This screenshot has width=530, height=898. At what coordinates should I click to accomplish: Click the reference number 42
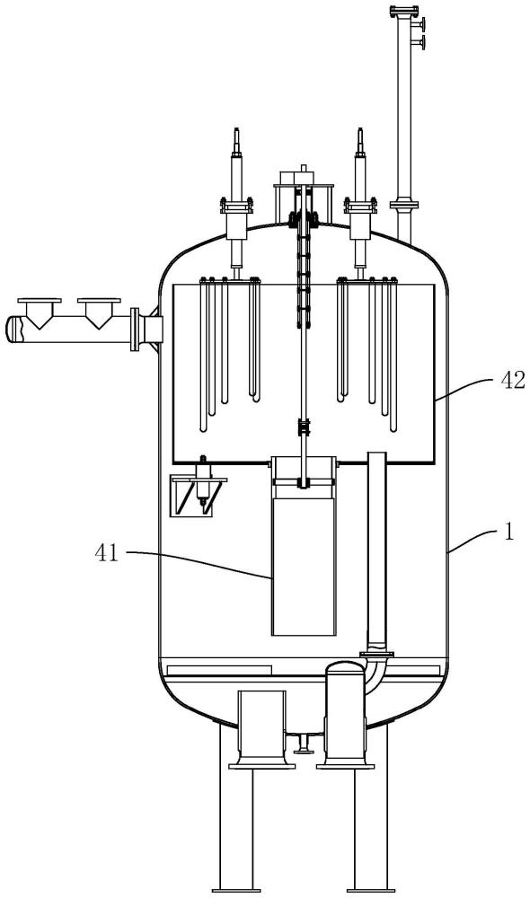coord(512,380)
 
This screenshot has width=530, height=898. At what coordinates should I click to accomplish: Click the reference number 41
coord(106,554)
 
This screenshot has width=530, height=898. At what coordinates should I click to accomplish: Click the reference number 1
coord(508,532)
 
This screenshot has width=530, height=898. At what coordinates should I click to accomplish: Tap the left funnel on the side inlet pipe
coord(40,313)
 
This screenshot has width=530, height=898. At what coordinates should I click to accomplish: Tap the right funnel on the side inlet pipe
coord(99,313)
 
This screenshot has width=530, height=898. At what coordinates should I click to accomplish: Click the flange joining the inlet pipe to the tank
coord(136,330)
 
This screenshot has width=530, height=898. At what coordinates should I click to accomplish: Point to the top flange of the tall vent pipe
coord(404,11)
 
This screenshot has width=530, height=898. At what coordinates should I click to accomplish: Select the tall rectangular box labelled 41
coord(303,567)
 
